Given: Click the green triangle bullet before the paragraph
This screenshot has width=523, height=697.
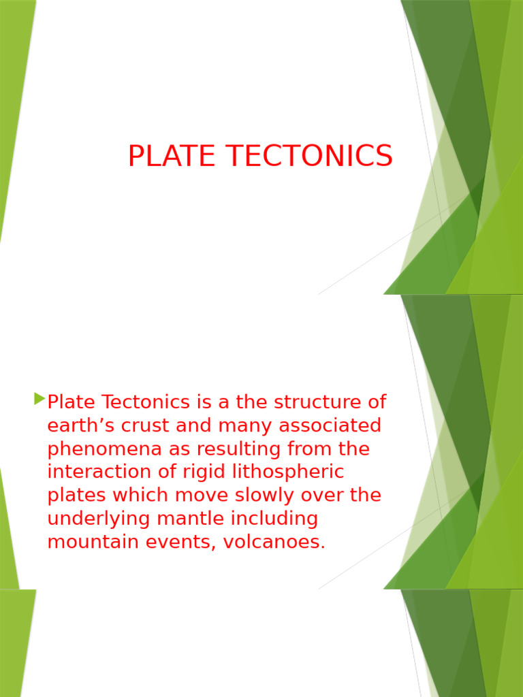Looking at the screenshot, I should (39, 399).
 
